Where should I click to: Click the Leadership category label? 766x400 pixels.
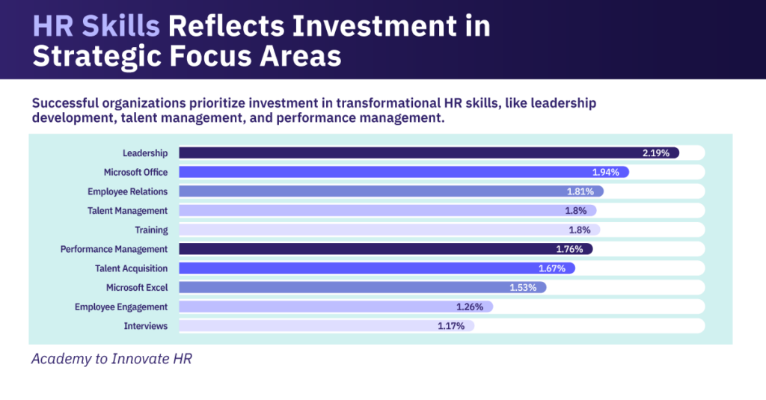click(x=145, y=153)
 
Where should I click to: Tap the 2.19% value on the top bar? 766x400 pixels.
click(x=656, y=153)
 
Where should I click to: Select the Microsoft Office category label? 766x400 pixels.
click(x=135, y=172)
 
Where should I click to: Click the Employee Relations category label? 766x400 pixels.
click(x=127, y=191)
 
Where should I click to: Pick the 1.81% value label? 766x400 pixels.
click(x=580, y=191)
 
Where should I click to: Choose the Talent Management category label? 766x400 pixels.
click(x=127, y=211)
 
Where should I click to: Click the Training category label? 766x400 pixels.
click(x=151, y=230)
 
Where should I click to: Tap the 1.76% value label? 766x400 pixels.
click(x=570, y=249)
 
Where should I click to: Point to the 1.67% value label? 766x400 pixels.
click(x=553, y=268)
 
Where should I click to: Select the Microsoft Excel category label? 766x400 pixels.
click(x=137, y=287)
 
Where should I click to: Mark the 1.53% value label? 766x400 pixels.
click(x=524, y=287)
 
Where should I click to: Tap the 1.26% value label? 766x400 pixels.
click(x=471, y=307)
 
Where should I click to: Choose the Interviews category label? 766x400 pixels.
click(x=146, y=326)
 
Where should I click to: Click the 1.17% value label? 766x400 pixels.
click(x=452, y=326)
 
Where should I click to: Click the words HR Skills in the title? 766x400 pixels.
click(x=96, y=26)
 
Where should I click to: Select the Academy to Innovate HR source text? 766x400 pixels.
click(x=111, y=359)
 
